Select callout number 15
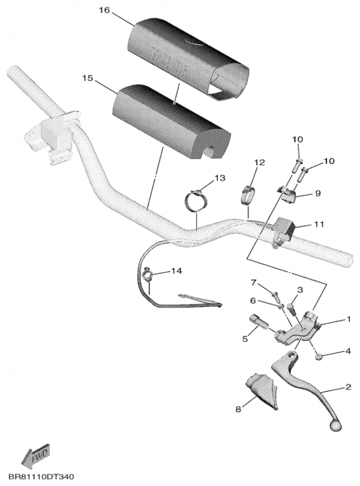point(87,78)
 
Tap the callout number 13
point(219,177)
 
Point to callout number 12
point(259,163)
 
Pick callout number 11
point(319,224)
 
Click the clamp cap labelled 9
point(288,195)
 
